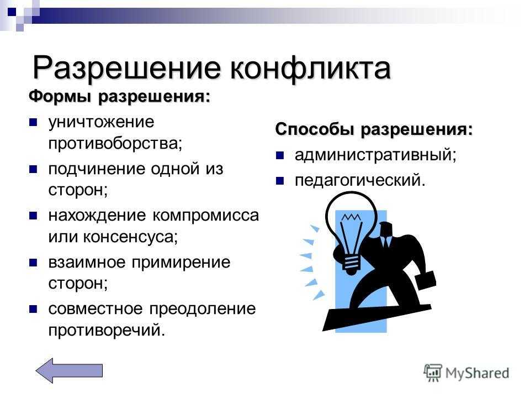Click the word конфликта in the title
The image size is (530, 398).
pyautogui.click(x=310, y=69)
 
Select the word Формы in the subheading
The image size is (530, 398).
pyautogui.click(x=60, y=97)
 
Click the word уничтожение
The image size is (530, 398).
pyautogui.click(x=101, y=123)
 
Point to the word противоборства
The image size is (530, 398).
pyautogui.click(x=115, y=144)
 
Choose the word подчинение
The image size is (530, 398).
pyautogui.click(x=97, y=169)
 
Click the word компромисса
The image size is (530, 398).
pyautogui.click(x=206, y=216)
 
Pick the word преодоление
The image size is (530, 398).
pyautogui.click(x=203, y=310)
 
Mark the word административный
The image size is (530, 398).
pyautogui.click(x=375, y=155)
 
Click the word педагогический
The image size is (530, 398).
pyautogui.click(x=360, y=181)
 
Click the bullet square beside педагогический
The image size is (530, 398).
pyautogui.click(x=280, y=181)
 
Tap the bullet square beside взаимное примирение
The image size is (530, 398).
pyautogui.click(x=33, y=263)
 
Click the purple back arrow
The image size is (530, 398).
pyautogui.click(x=70, y=370)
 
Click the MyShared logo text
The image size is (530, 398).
pyautogui.click(x=477, y=373)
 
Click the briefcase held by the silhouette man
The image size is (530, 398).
pyautogui.click(x=425, y=280)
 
